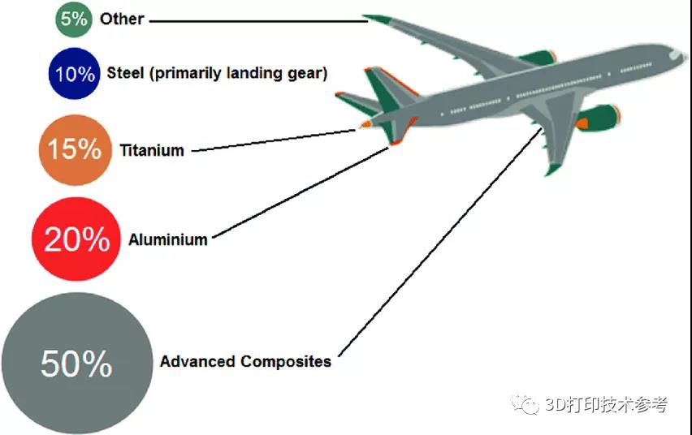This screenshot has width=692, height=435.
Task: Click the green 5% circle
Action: [74, 19]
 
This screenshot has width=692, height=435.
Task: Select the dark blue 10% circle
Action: [75, 73]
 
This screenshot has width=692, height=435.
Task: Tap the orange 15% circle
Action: [75, 149]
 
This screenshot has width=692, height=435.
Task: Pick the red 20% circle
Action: [76, 239]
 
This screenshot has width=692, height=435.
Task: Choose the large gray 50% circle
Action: [77, 363]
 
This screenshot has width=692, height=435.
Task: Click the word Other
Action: [122, 19]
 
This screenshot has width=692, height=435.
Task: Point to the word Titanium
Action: [152, 150]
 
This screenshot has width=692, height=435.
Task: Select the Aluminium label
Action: [167, 239]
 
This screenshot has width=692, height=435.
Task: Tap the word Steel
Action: [125, 73]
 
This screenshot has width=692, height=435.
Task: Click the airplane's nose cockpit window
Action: [676, 54]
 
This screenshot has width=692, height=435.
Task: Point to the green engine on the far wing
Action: [538, 58]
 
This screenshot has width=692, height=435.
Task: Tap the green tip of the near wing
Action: [552, 170]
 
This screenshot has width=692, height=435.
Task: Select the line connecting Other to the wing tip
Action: [258, 21]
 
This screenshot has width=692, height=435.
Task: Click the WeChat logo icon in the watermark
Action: [525, 404]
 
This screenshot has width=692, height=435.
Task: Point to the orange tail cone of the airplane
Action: [365, 124]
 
